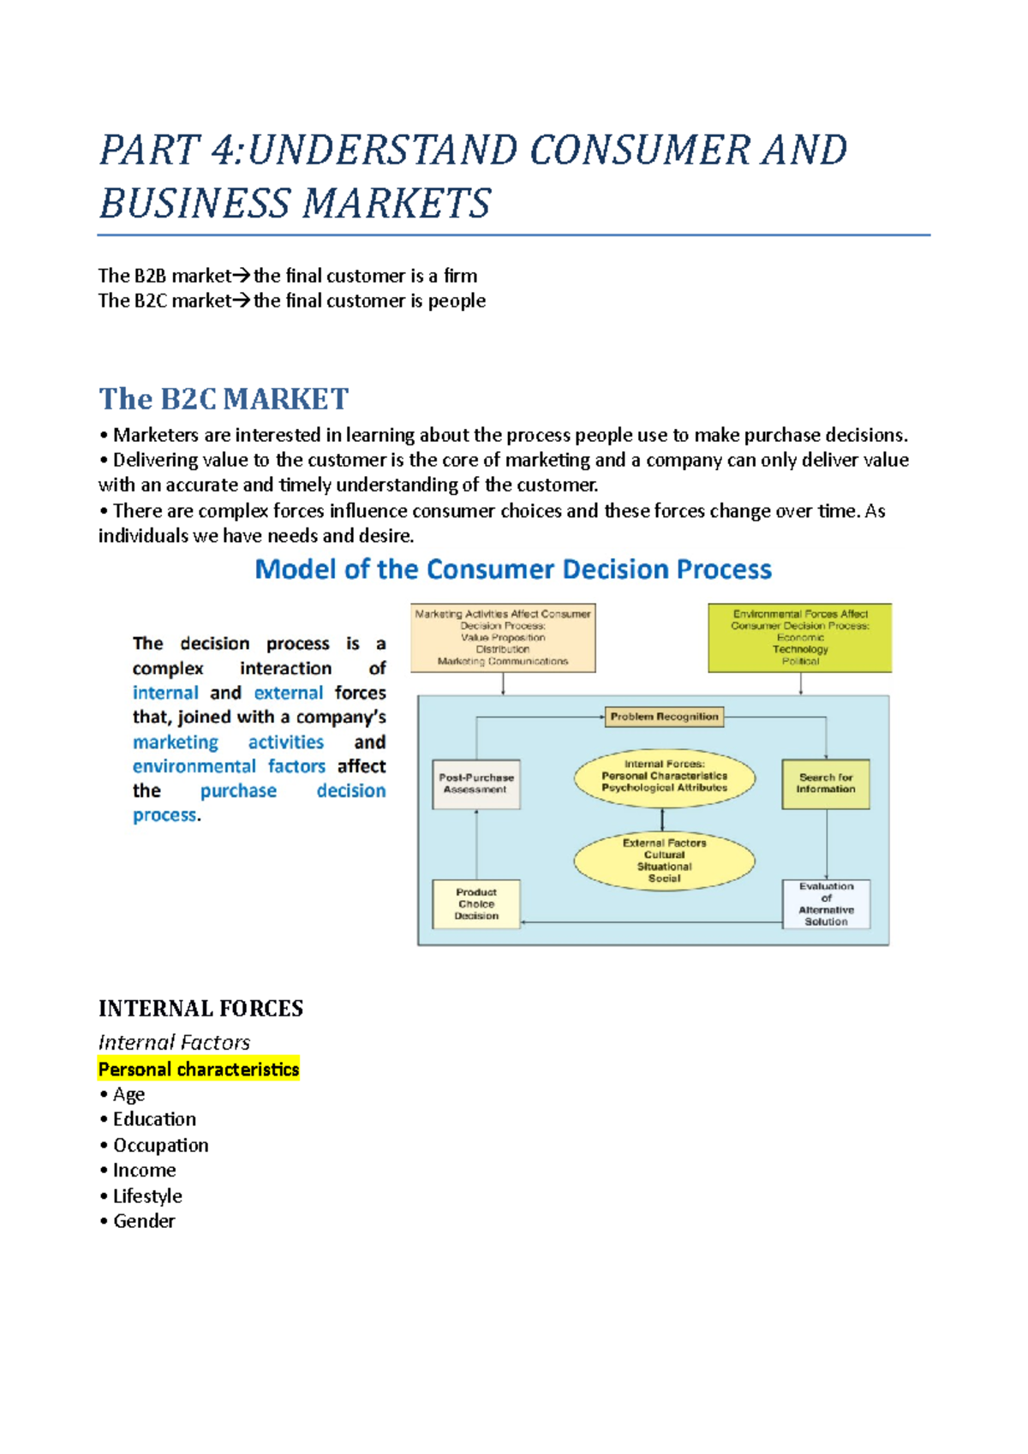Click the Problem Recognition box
click(664, 717)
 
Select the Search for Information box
click(826, 784)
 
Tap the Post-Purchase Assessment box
click(476, 784)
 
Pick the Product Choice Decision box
click(476, 904)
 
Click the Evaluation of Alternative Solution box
click(826, 904)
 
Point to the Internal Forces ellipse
click(664, 778)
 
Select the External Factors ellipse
click(664, 861)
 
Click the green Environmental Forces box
click(800, 638)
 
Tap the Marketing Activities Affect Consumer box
click(503, 638)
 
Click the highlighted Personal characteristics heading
click(199, 1070)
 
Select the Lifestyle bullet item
click(147, 1196)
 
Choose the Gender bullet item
click(144, 1221)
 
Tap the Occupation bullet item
click(160, 1146)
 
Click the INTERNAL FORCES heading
click(200, 1009)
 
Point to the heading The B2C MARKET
click(224, 399)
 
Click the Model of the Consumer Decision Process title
click(513, 569)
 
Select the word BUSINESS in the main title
click(194, 204)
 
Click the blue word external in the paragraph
click(289, 693)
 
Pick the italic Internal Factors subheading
click(174, 1042)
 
